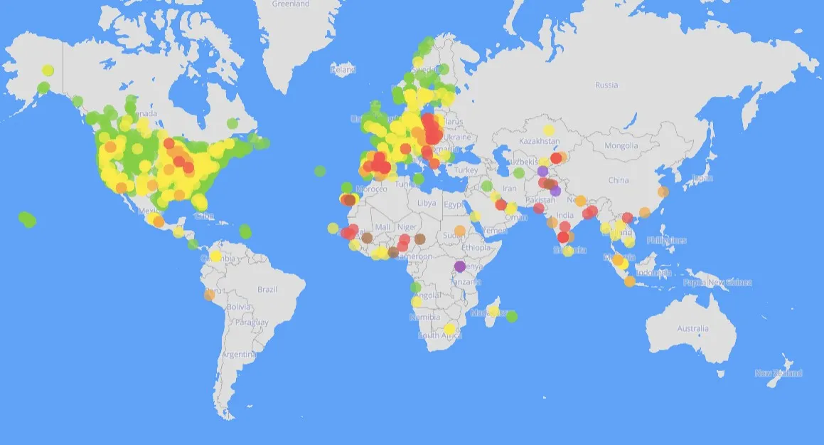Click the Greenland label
pyautogui.click(x=291, y=4)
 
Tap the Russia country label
pyautogui.click(x=606, y=85)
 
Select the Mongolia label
pyautogui.click(x=621, y=146)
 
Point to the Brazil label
pyautogui.click(x=267, y=289)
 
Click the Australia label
pyautogui.click(x=692, y=329)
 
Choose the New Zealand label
pyautogui.click(x=778, y=373)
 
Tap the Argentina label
pyautogui.click(x=237, y=354)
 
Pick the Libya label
pyautogui.click(x=427, y=203)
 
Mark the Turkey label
pyautogui.click(x=467, y=170)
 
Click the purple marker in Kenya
pyautogui.click(x=459, y=266)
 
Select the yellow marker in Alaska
pyautogui.click(x=48, y=70)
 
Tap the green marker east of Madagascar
pyautogui.click(x=512, y=316)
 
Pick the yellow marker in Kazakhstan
pyautogui.click(x=548, y=130)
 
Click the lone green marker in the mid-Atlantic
pyautogui.click(x=321, y=171)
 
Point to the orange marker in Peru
pyautogui.click(x=209, y=294)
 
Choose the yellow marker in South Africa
pyautogui.click(x=449, y=329)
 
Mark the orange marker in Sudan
pyautogui.click(x=460, y=231)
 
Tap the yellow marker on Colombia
pyautogui.click(x=215, y=256)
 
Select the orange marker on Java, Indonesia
pyautogui.click(x=629, y=281)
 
